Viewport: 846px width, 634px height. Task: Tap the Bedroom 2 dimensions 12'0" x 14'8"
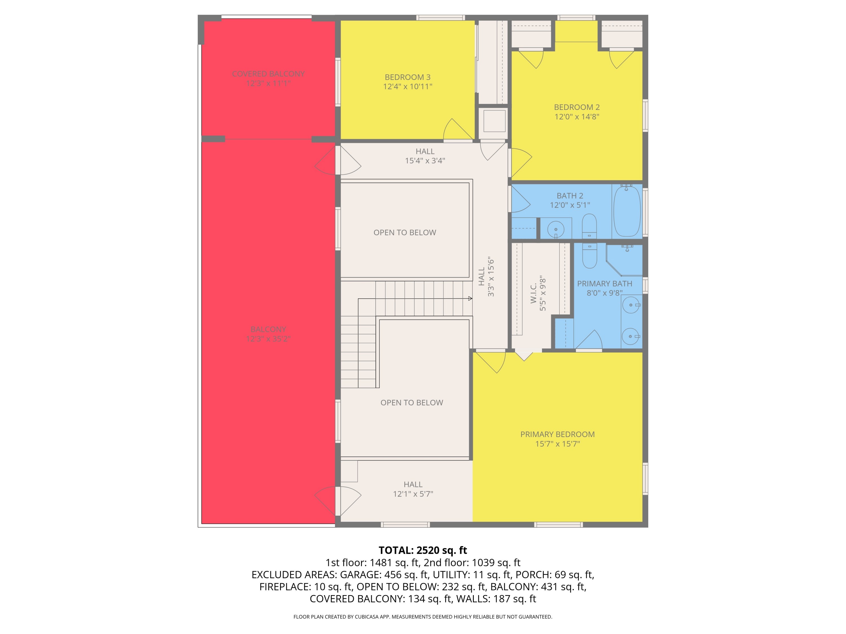tap(577, 117)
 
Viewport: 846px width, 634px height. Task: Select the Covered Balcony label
tap(268, 74)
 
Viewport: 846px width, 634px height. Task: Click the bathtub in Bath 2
tap(627, 211)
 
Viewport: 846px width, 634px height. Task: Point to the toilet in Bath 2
tap(589, 226)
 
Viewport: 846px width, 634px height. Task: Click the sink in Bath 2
tap(556, 230)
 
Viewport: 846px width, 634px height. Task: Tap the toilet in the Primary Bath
tap(589, 255)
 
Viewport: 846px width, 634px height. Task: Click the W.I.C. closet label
tap(534, 294)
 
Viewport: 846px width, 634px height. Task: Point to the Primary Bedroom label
tap(557, 434)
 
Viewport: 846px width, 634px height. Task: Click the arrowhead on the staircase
tap(470, 298)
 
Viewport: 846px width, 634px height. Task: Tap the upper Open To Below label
tap(405, 232)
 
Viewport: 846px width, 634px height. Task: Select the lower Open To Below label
tap(411, 402)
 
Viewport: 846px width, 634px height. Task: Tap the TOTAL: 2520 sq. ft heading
tap(423, 550)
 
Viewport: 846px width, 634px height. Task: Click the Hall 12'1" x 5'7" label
tap(413, 489)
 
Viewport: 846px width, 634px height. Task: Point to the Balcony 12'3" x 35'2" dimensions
tap(268, 339)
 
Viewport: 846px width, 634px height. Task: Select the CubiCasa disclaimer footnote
tap(423, 617)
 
